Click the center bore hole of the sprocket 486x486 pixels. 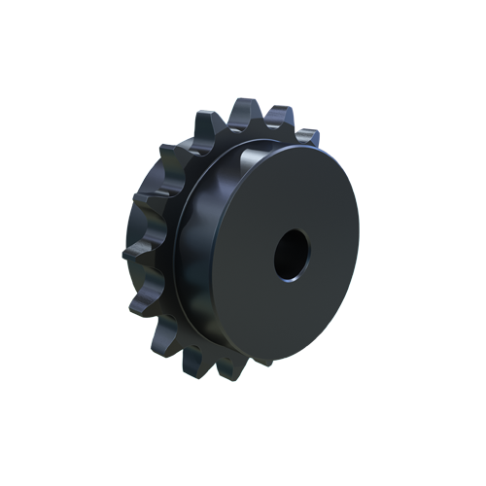tap(292, 256)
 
